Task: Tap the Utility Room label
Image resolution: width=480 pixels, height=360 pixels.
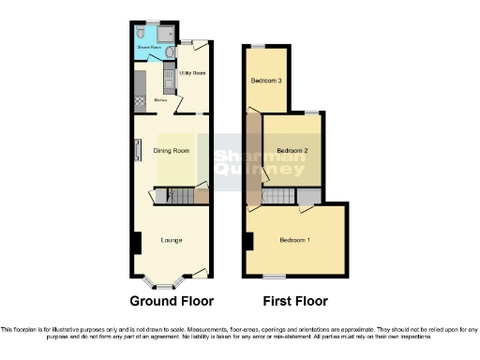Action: click(192, 72)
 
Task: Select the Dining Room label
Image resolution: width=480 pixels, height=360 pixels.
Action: click(172, 151)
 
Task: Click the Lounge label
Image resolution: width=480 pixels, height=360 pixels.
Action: click(171, 241)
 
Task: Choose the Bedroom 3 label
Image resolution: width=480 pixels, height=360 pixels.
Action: click(266, 81)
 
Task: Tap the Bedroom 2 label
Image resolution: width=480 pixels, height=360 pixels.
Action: click(292, 150)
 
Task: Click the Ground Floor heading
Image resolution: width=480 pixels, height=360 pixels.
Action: click(172, 302)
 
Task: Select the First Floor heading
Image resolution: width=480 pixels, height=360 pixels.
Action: click(295, 302)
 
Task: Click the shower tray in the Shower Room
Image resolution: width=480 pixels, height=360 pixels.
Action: click(165, 34)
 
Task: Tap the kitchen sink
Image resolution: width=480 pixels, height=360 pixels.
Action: click(169, 81)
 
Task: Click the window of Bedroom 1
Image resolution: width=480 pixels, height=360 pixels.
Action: click(274, 276)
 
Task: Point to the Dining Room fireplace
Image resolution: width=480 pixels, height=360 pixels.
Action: click(137, 150)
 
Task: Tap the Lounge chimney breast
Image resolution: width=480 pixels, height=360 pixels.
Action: click(137, 242)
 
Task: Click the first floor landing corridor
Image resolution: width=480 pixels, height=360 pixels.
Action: click(253, 159)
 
